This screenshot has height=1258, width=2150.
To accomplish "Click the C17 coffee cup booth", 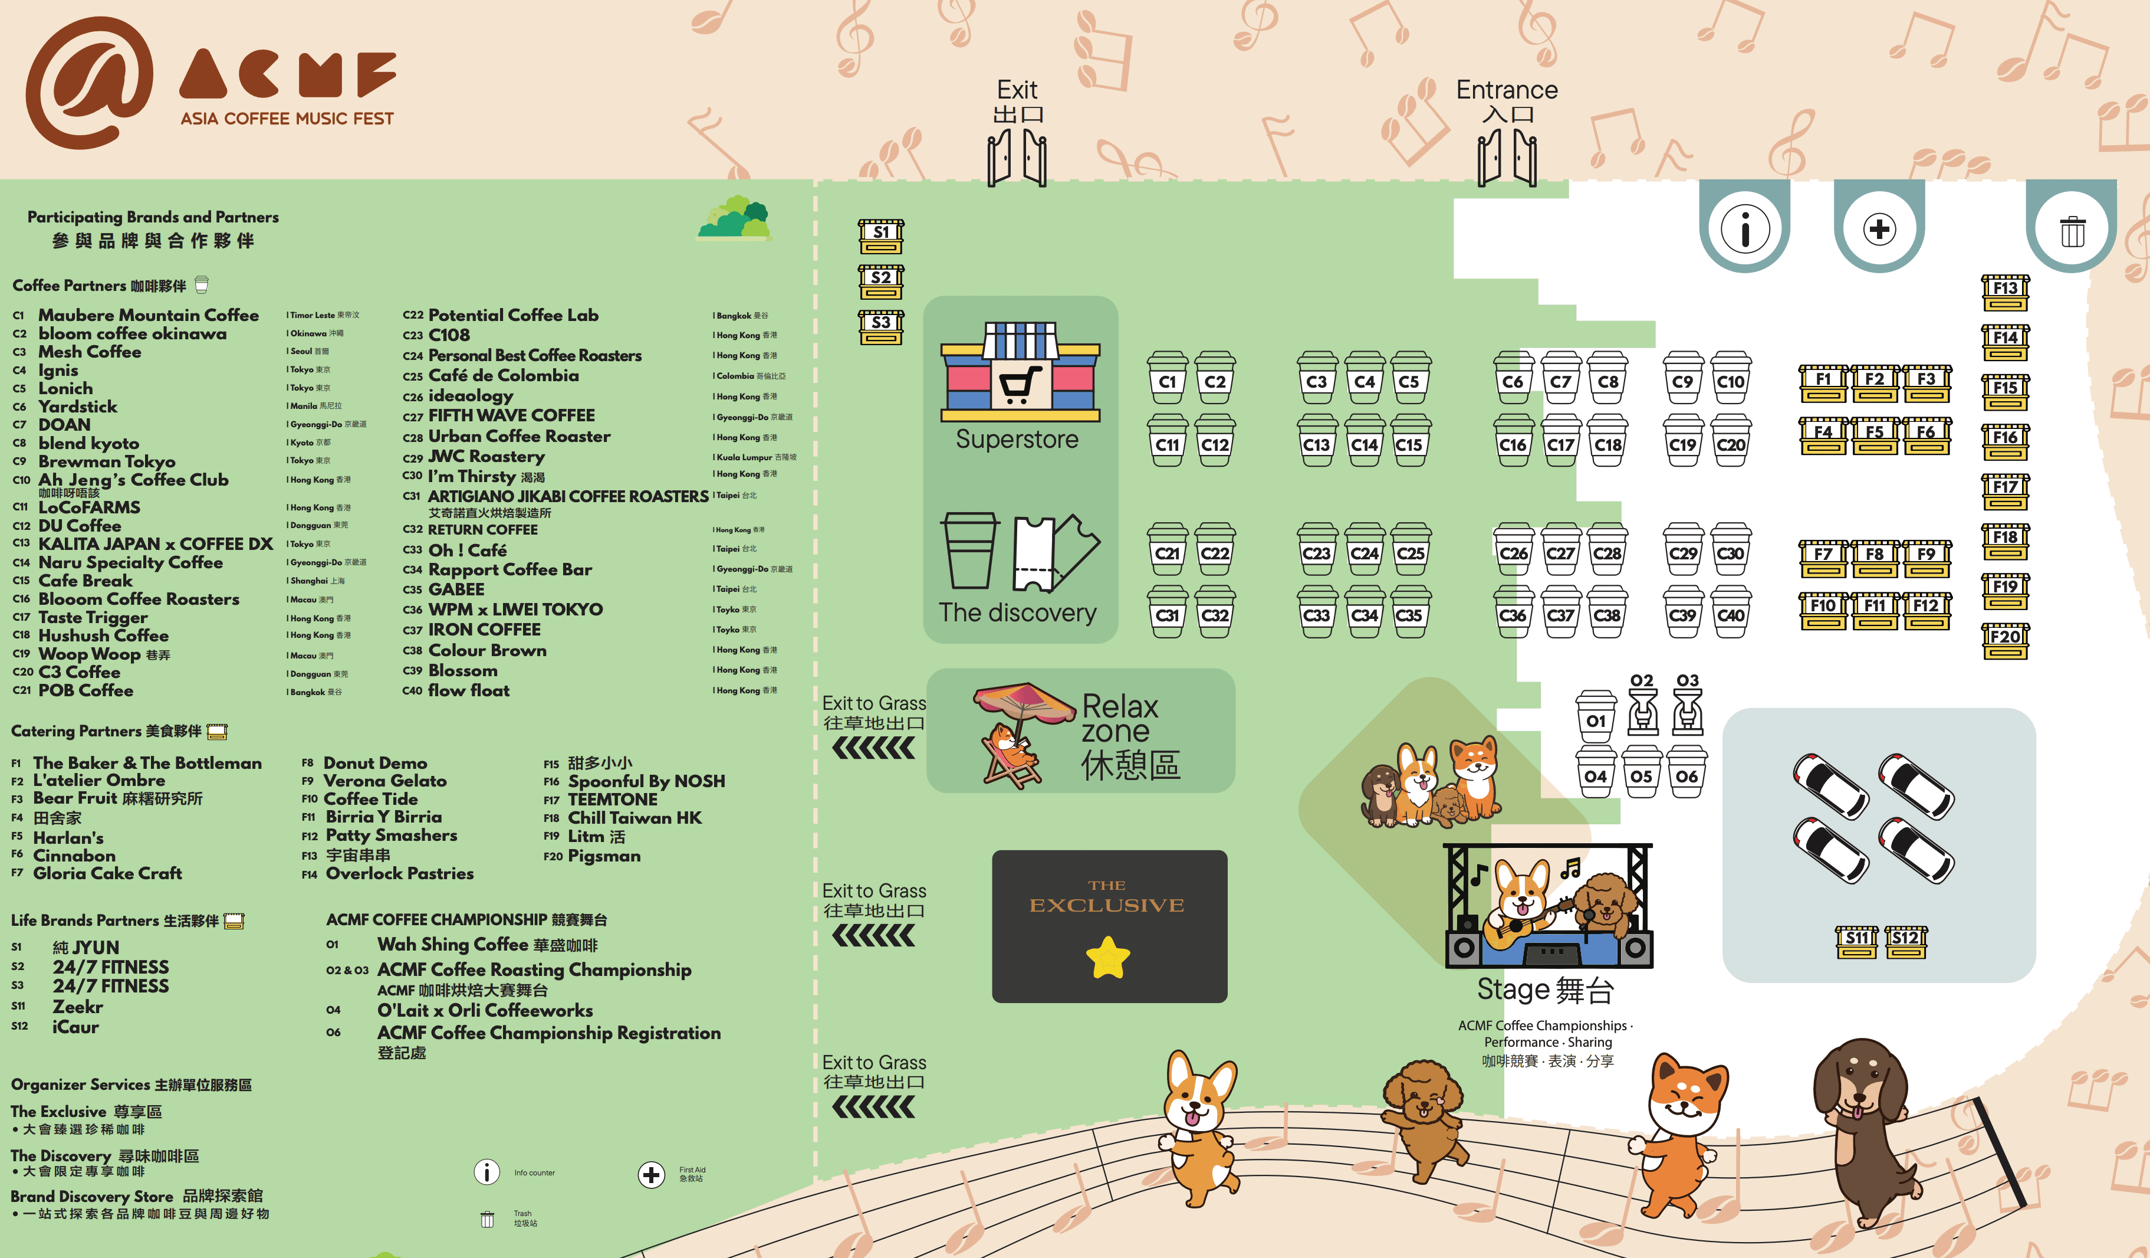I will click(1560, 441).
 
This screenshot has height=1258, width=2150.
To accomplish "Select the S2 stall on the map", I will click(880, 281).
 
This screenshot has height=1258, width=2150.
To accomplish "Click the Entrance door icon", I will click(1507, 158).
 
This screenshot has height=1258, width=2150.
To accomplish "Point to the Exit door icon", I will click(1017, 158).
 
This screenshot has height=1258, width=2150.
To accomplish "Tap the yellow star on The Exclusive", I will click(1107, 958).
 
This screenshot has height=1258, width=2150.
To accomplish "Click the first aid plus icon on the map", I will click(1879, 230).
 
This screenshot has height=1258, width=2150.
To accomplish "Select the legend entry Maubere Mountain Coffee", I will click(147, 315).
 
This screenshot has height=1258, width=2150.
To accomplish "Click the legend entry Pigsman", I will click(603, 855).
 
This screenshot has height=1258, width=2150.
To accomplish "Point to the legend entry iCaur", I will click(75, 1027).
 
